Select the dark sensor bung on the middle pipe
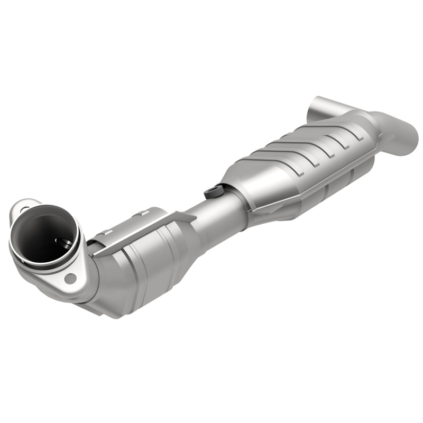[x=213, y=191]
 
